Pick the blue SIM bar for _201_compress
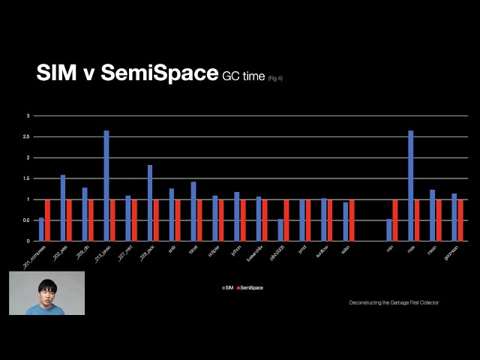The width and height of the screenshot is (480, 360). pos(41,229)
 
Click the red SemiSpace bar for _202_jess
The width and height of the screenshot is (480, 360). pos(69,220)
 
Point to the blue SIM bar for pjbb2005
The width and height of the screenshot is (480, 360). pos(280,229)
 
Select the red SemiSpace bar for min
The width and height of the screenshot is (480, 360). pos(395,220)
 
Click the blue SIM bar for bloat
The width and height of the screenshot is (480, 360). pos(193,211)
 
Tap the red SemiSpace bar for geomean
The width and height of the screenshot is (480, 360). pos(460,220)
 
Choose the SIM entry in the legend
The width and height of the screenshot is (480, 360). pos(228,287)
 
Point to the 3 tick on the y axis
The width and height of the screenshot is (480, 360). pos(28,116)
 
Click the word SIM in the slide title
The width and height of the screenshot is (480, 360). pos(55,73)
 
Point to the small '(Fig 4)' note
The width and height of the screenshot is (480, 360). pos(275,78)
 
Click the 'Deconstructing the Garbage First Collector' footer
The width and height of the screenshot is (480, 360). pos(394,302)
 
